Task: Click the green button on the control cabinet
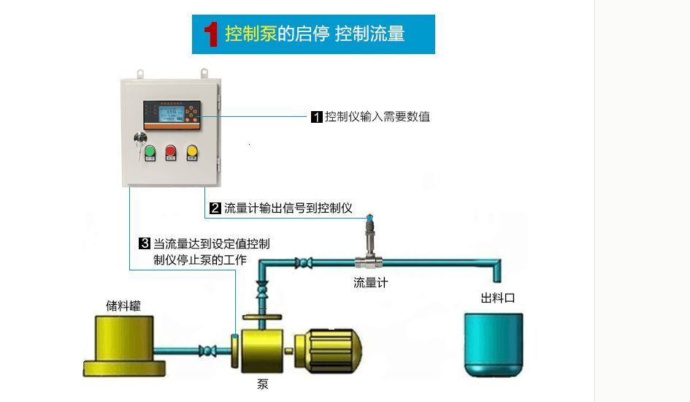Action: [150, 151]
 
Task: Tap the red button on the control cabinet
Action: [171, 151]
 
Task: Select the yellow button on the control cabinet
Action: [192, 151]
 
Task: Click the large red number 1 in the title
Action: [211, 34]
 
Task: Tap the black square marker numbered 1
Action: [317, 117]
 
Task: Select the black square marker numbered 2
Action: [215, 208]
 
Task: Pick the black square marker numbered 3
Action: [145, 243]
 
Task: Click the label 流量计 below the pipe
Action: [370, 283]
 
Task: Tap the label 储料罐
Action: [123, 306]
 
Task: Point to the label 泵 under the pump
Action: [263, 384]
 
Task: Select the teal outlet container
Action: [494, 345]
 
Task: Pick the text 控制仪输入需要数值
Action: [377, 117]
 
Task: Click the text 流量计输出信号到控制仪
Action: [288, 208]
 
